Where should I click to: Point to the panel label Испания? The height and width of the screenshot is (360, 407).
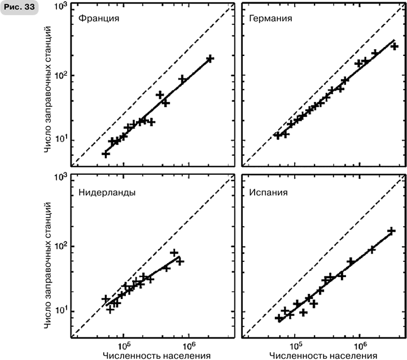[269, 191]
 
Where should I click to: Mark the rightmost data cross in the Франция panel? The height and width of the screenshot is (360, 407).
[210, 59]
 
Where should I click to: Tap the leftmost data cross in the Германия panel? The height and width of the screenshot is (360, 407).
[277, 135]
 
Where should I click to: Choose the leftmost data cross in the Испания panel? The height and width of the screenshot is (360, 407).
[279, 319]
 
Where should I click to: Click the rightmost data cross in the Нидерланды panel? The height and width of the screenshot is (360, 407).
[180, 261]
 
